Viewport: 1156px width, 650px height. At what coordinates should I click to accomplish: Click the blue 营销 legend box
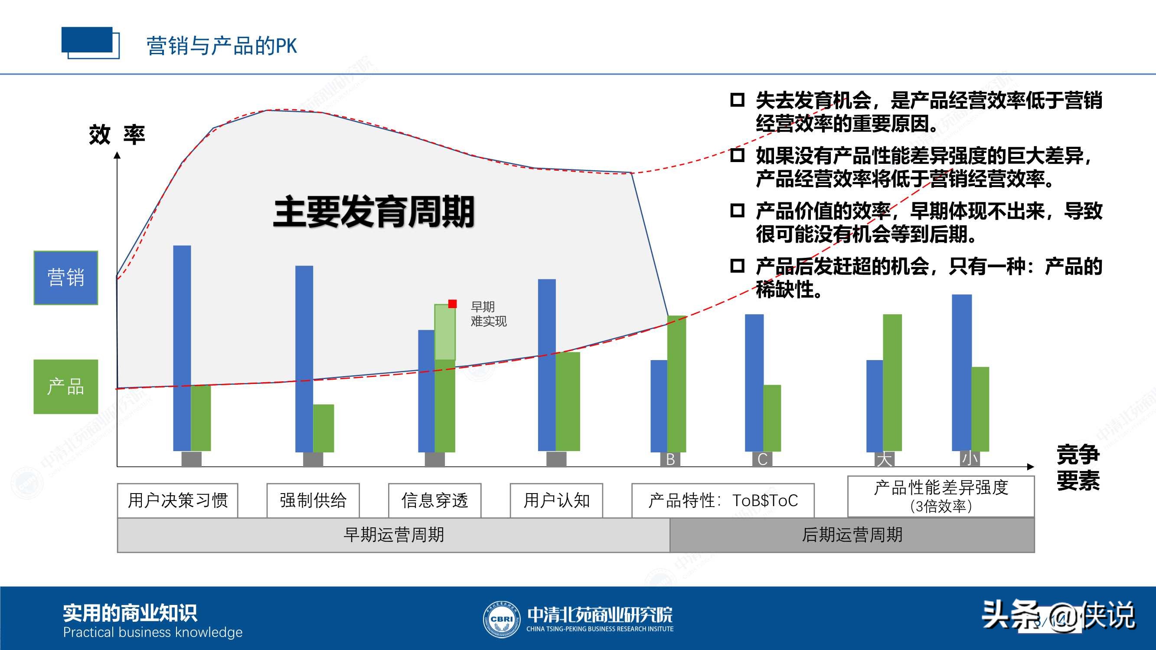(65, 278)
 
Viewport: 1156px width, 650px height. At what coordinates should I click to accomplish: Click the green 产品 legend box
(65, 386)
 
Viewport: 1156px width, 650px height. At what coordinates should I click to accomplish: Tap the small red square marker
(452, 304)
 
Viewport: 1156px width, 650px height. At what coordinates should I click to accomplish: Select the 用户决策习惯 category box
(178, 500)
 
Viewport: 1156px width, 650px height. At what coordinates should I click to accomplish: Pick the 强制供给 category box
(313, 500)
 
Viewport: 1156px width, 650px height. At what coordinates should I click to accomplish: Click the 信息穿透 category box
(434, 500)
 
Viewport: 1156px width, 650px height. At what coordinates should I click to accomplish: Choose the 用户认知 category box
(556, 500)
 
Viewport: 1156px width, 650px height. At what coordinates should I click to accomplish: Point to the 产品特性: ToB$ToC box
(722, 500)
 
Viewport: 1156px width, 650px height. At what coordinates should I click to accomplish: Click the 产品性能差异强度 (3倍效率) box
(940, 496)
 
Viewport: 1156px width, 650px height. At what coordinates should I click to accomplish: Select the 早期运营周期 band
(394, 535)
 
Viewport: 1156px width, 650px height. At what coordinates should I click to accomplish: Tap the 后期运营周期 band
(852, 535)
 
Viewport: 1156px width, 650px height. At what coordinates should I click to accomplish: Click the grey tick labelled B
(670, 459)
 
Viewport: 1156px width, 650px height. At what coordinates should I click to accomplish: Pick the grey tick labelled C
(762, 459)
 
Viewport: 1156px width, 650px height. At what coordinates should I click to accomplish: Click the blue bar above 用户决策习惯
(182, 348)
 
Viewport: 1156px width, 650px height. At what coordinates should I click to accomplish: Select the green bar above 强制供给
(323, 428)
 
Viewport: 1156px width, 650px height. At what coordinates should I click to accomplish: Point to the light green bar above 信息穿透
(445, 332)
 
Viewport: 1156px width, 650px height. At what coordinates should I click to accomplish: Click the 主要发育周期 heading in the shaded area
(374, 212)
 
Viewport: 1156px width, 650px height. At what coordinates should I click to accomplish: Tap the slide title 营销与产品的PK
(222, 46)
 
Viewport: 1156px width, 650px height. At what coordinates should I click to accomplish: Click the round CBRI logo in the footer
(501, 619)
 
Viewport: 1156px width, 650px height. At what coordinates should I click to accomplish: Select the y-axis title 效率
(117, 135)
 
